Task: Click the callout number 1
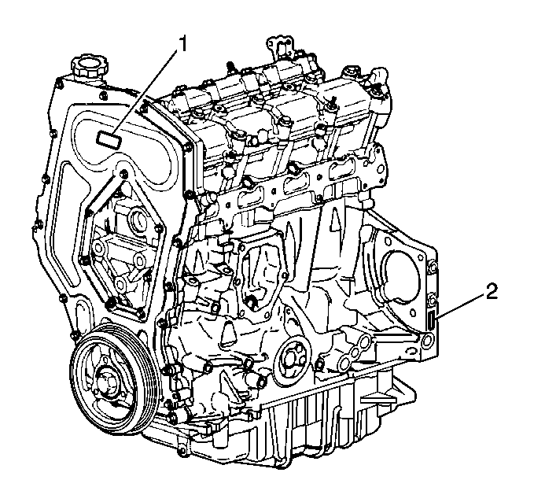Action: tap(183, 45)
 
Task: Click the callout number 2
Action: tap(492, 292)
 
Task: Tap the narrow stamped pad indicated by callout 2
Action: tap(431, 321)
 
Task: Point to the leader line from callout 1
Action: tap(145, 93)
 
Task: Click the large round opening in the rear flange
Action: tap(401, 276)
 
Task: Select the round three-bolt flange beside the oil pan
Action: tap(293, 358)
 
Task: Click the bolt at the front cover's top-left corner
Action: tap(60, 83)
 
